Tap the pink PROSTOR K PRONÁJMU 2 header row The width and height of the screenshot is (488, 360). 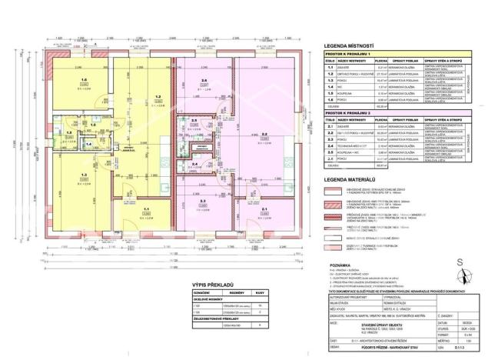pyautogui.click(x=353, y=113)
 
